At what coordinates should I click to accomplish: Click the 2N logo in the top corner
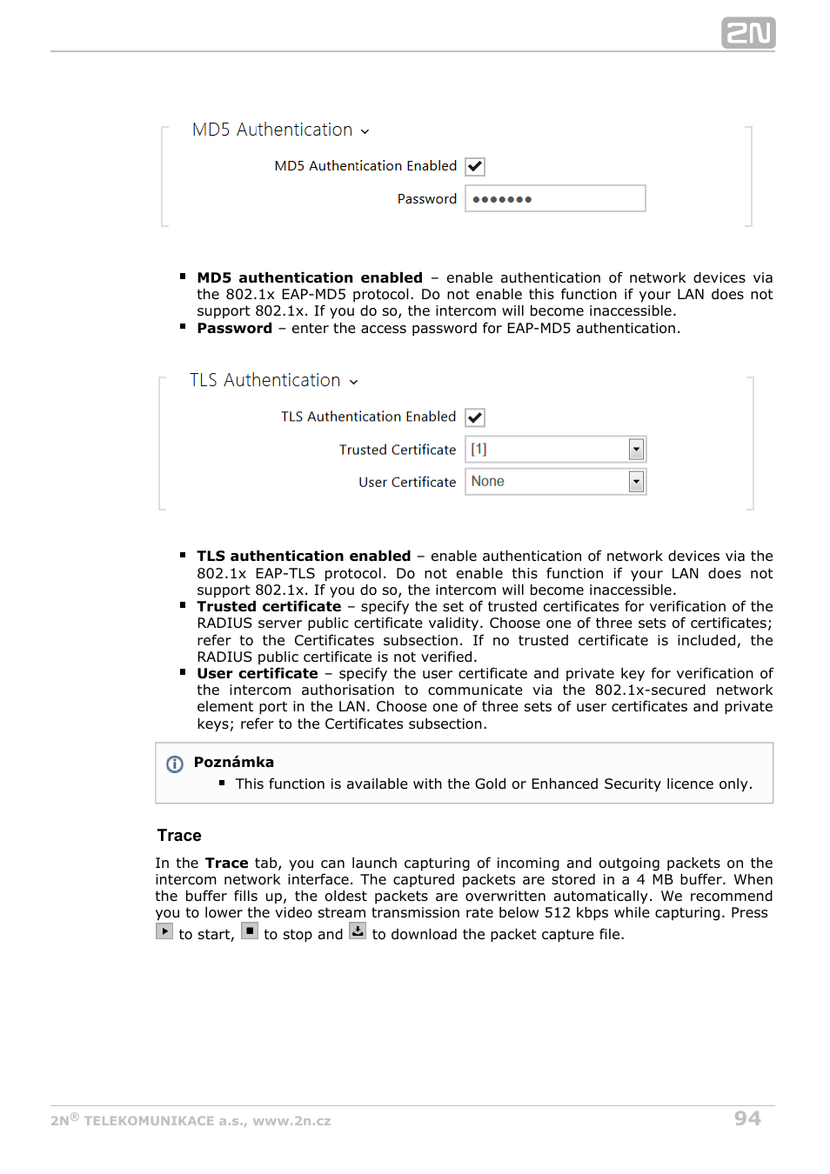(x=747, y=33)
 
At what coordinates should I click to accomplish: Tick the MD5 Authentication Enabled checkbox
(x=475, y=166)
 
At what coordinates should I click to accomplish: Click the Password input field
(x=555, y=199)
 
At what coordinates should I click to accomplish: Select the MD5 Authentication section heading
(x=271, y=130)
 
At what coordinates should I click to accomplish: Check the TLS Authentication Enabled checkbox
(x=475, y=417)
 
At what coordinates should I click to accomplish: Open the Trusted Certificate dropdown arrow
(x=636, y=450)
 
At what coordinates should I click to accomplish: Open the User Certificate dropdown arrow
(x=636, y=482)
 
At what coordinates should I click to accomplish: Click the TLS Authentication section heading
(x=264, y=381)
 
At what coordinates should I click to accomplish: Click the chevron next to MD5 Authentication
(x=365, y=131)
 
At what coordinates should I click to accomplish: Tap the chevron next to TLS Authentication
(x=354, y=382)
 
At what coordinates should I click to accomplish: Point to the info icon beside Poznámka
(x=175, y=764)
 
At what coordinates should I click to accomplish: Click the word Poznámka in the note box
(x=233, y=763)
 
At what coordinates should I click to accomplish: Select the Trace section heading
(x=179, y=836)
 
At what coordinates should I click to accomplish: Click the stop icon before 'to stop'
(x=250, y=931)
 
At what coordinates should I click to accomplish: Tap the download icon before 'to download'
(x=358, y=931)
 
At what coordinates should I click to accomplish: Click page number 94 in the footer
(x=746, y=1118)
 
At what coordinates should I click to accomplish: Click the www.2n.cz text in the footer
(x=291, y=1121)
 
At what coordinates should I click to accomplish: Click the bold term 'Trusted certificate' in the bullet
(x=269, y=607)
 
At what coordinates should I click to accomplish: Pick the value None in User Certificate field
(x=488, y=482)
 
